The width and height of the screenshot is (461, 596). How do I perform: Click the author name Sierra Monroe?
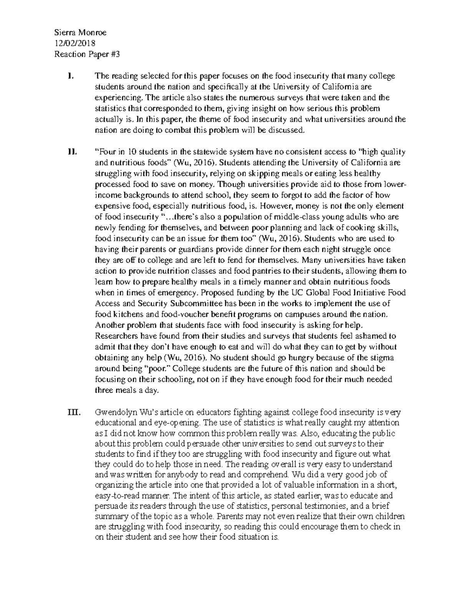pyautogui.click(x=80, y=33)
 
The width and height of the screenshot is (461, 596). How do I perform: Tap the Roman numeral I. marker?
pyautogui.click(x=70, y=76)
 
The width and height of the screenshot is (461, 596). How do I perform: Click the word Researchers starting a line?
pyautogui.click(x=116, y=336)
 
